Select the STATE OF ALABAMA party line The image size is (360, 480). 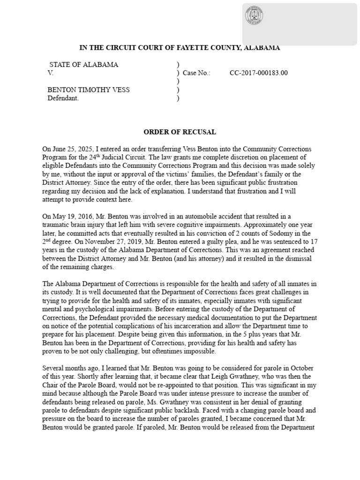tap(83, 65)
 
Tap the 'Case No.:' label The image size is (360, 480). tap(196, 73)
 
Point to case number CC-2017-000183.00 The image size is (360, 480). tap(259, 73)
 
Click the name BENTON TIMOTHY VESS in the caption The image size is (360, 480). tap(89, 90)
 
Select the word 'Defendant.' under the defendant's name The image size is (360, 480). tap(63, 98)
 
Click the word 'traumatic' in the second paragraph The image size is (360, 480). tap(58, 225)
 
